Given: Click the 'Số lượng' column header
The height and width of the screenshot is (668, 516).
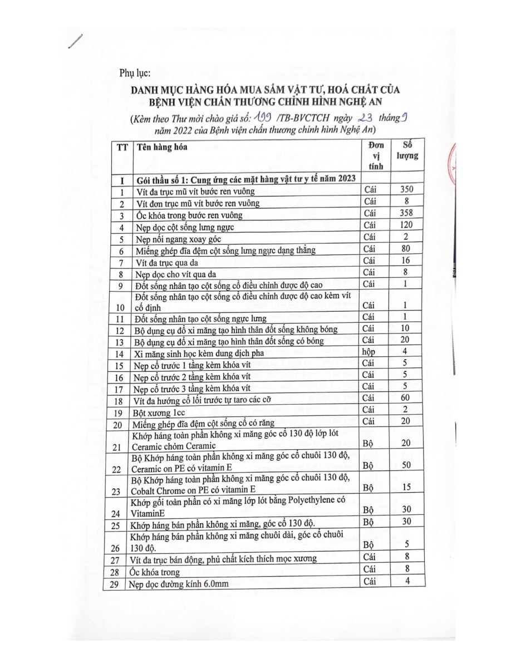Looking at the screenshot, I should click(x=407, y=151).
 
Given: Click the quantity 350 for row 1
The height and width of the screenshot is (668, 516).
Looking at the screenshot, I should click(x=407, y=190).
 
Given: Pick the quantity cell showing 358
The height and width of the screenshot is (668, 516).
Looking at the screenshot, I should click(x=407, y=214).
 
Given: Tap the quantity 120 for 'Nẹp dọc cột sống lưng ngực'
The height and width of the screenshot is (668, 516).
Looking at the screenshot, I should click(x=407, y=225).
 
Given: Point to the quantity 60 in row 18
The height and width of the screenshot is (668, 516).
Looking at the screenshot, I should click(x=407, y=399).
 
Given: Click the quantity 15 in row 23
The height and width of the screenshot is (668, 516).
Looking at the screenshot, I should click(x=407, y=487).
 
